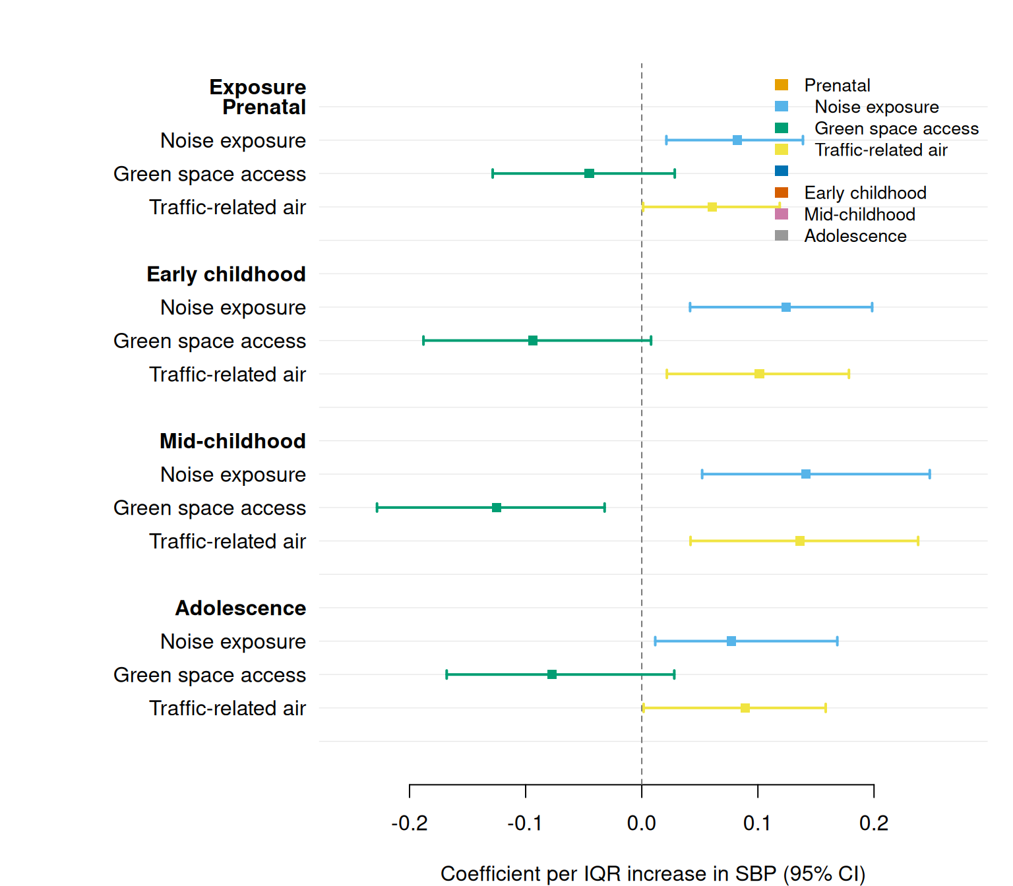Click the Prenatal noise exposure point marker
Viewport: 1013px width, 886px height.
(x=737, y=140)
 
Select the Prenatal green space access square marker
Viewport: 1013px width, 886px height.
(x=589, y=173)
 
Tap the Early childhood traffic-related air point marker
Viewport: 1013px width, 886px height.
(x=759, y=374)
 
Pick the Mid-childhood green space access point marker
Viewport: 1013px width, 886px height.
(x=497, y=508)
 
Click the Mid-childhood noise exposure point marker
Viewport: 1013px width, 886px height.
(x=806, y=474)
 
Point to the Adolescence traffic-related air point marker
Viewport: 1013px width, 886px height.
(x=745, y=708)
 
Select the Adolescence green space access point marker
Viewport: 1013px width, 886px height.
(x=552, y=674)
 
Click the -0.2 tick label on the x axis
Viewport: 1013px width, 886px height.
(x=410, y=823)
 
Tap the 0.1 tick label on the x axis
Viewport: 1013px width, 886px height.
(x=757, y=823)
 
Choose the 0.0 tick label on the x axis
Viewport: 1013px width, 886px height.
(x=642, y=823)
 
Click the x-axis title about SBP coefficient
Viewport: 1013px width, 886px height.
(x=652, y=873)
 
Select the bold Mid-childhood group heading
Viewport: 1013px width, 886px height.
(x=233, y=441)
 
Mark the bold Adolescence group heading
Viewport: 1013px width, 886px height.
(x=241, y=608)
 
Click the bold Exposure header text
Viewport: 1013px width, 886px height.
(x=258, y=87)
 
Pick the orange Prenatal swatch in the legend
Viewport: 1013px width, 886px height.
(x=782, y=85)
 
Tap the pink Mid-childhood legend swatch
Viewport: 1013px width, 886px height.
(x=782, y=214)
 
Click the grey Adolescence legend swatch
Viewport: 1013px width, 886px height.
(x=782, y=235)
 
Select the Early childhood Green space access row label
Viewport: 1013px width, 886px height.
(x=210, y=341)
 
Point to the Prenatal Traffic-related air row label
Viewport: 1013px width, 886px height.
(x=228, y=207)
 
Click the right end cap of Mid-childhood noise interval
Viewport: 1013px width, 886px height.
(x=929, y=474)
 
